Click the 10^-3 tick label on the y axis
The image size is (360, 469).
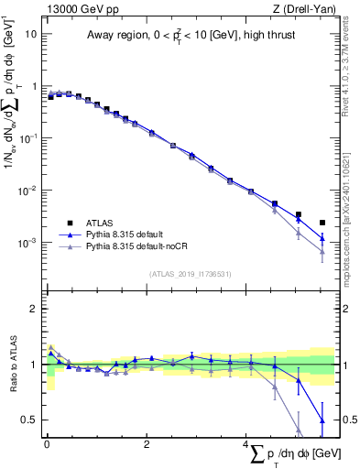[27, 244]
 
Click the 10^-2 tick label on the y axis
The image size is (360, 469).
[27, 191]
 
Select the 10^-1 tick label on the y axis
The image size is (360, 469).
[27, 138]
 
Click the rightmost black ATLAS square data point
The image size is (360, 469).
[322, 222]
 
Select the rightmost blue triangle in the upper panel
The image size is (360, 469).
[322, 239]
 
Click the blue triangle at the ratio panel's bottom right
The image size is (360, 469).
[322, 420]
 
